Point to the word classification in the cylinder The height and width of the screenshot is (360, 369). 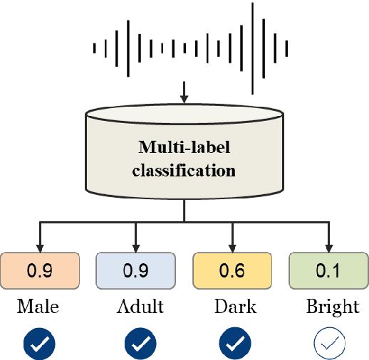[184, 171]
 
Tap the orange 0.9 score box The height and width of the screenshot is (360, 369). [39, 270]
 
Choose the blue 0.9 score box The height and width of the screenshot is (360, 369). [135, 270]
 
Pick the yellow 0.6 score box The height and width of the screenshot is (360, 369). [232, 270]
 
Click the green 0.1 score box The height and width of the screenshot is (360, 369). [328, 270]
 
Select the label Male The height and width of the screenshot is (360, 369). [38, 307]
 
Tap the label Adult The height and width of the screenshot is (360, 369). [140, 307]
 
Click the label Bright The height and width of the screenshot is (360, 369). [332, 307]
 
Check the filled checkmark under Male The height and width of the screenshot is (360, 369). [39, 344]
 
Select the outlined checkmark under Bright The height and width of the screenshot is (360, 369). [329, 344]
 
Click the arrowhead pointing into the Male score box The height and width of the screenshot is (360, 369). [39, 246]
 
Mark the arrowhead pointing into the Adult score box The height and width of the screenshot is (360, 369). [135, 246]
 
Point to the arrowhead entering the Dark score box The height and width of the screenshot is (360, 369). [232, 246]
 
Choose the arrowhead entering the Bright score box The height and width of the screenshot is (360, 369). [328, 246]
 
